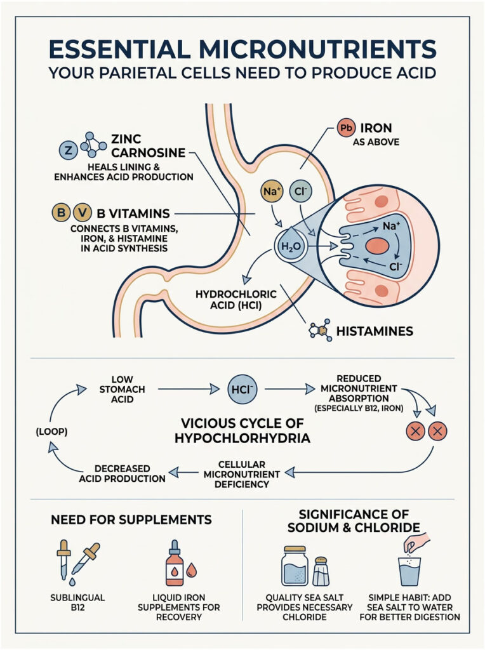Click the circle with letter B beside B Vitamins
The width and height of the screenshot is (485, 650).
60,213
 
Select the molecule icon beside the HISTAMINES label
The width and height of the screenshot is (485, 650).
320,331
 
